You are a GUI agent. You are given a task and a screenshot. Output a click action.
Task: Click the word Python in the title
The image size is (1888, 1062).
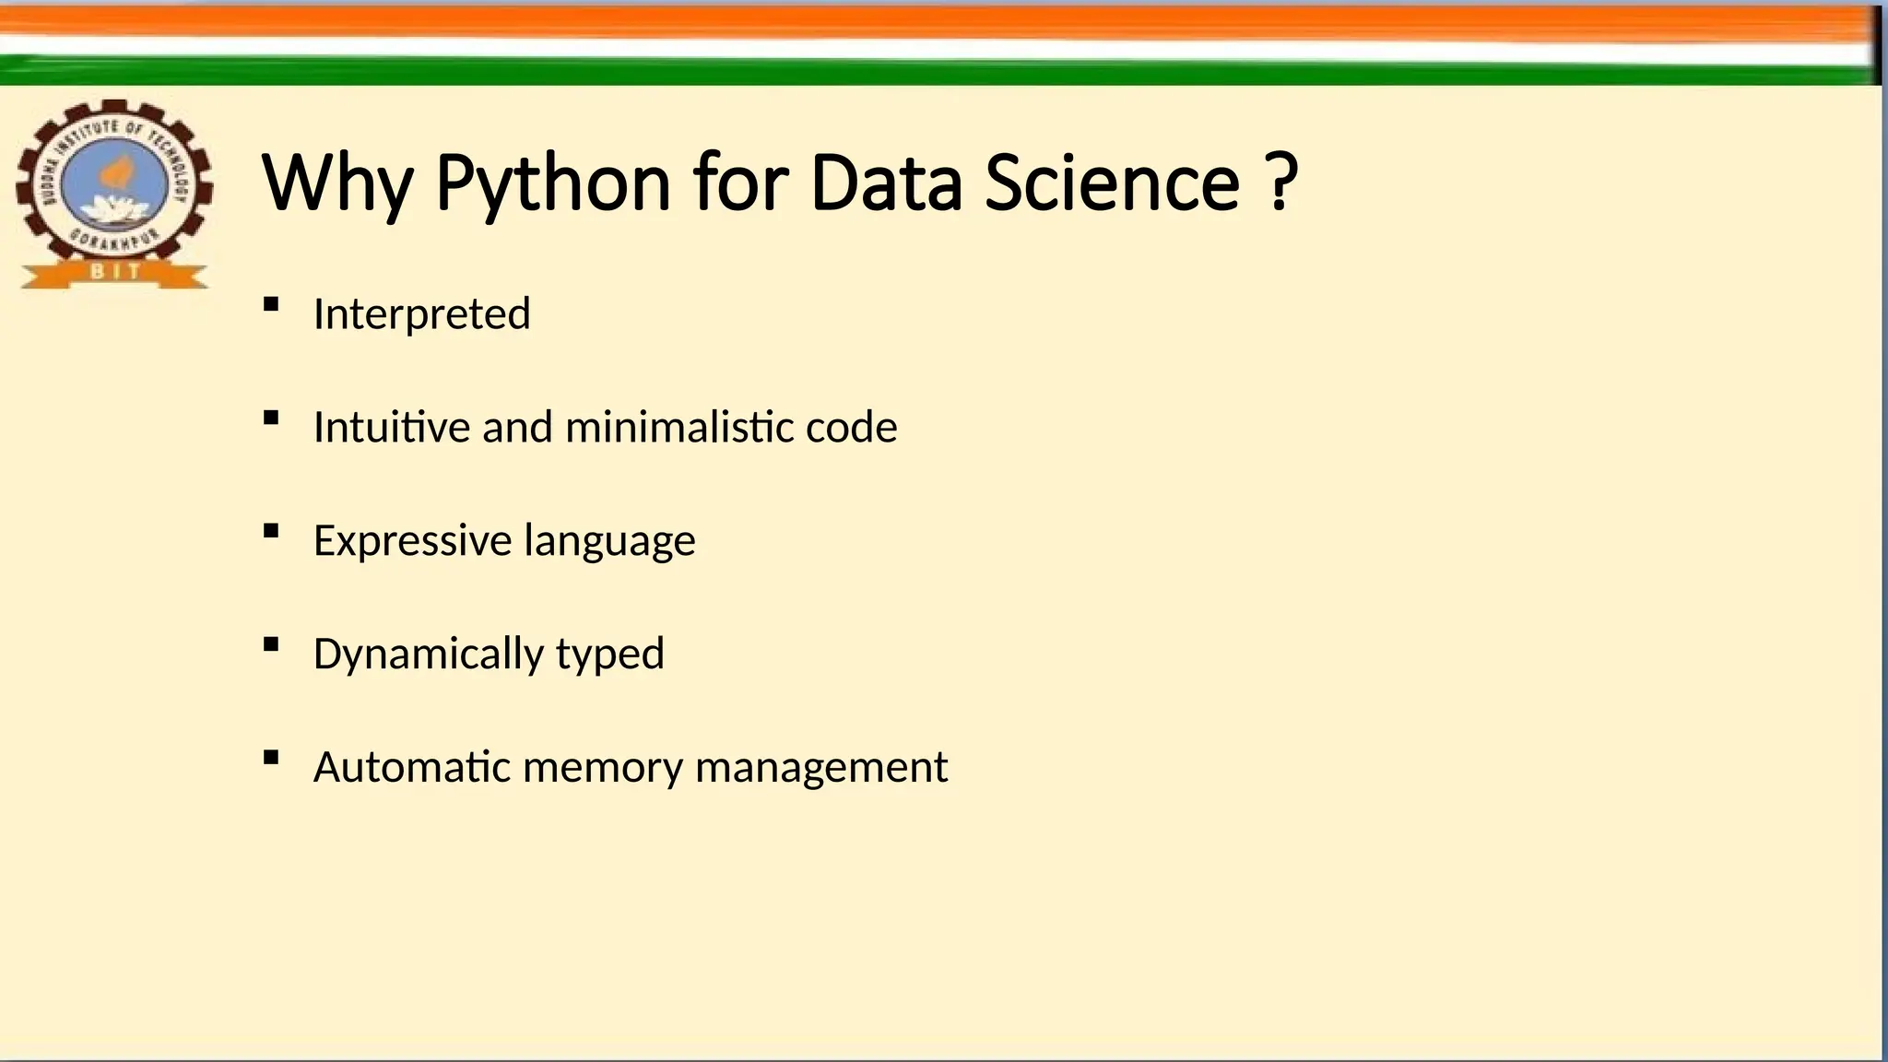[x=552, y=183]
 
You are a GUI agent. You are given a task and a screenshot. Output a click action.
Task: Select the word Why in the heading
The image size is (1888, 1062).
[x=337, y=183]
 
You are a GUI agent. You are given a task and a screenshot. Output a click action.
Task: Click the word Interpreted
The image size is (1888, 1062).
[x=421, y=314]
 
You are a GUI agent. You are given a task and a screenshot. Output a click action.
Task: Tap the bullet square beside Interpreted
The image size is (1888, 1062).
[x=270, y=304]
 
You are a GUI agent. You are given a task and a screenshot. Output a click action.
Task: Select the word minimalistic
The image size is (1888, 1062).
[x=679, y=427]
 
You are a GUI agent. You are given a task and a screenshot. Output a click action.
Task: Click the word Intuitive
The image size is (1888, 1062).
[x=392, y=427]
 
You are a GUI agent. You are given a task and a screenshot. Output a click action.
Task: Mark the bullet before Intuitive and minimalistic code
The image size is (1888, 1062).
[x=270, y=418]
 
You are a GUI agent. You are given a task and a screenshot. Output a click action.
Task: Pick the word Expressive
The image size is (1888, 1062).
[x=412, y=541]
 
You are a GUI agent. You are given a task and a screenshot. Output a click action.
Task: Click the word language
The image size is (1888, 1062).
[x=609, y=541]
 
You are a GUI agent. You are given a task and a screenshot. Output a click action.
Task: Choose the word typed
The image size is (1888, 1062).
[x=609, y=655]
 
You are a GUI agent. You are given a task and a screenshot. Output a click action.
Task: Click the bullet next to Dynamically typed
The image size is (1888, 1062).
[x=270, y=644]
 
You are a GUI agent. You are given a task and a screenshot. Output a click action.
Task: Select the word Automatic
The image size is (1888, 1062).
[x=411, y=767]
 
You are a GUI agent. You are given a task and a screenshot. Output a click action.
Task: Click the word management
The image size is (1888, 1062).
[x=820, y=768]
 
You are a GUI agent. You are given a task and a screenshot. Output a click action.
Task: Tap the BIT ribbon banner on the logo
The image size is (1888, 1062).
[x=114, y=272]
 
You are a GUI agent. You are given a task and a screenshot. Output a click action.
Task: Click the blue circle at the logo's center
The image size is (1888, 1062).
[x=114, y=185]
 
